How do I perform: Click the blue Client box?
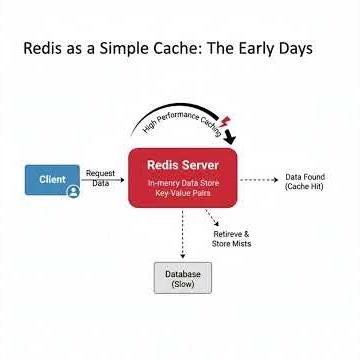pyautogui.click(x=52, y=179)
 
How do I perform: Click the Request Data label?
pyautogui.click(x=100, y=178)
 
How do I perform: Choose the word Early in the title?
pyautogui.click(x=264, y=48)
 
